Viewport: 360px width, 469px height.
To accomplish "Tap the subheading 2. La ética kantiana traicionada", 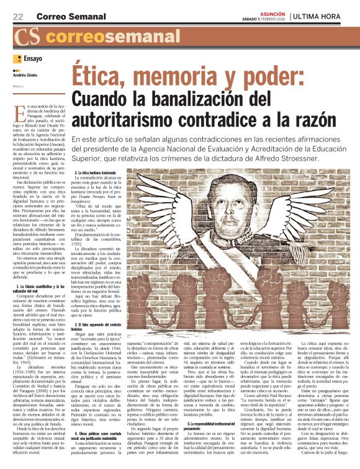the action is [104, 171].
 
